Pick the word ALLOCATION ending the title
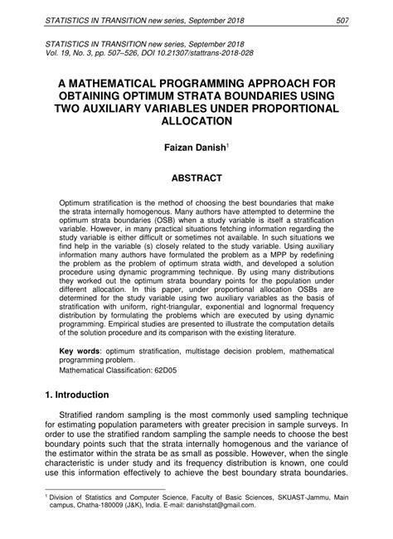pyautogui.click(x=196, y=120)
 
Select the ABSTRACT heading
pyautogui.click(x=196, y=177)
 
